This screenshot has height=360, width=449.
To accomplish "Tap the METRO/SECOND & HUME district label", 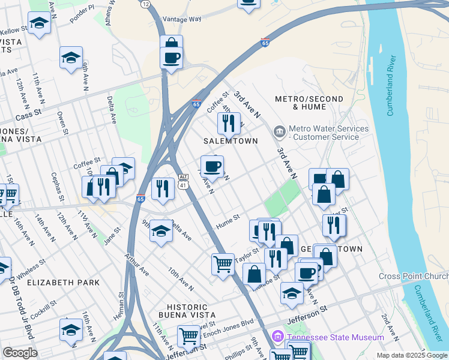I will pos(309,103).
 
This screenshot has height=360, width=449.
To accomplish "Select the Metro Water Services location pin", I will pos(279,131).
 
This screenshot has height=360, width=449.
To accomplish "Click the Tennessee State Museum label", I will pos(335,337).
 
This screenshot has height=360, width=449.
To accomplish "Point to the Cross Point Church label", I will pos(414,276).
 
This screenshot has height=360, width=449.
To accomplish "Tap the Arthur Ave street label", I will pos(137,263).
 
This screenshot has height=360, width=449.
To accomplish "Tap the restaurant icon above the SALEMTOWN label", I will pos(228,123).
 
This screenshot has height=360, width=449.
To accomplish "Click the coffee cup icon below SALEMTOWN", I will pos(211,166).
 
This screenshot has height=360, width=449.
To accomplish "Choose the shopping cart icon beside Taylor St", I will pos(223,263).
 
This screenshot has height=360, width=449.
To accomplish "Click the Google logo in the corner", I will pos(20,353).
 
